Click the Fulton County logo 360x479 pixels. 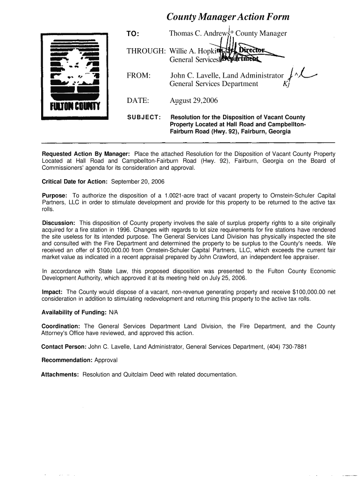click(x=75, y=76)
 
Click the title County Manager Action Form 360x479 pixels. click(x=228, y=17)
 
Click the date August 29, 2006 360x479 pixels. click(x=194, y=101)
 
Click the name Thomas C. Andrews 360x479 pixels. click(x=198, y=33)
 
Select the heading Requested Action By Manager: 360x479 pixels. click(x=86, y=154)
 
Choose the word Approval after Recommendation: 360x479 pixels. click(x=106, y=360)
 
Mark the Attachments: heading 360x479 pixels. click(x=60, y=374)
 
